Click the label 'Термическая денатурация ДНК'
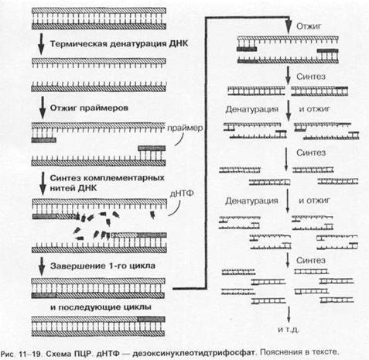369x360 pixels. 119,43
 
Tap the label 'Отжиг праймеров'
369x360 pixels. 89,108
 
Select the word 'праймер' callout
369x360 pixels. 185,128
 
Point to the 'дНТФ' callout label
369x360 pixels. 182,194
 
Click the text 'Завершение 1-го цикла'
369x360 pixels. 103,266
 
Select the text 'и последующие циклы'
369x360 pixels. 101,307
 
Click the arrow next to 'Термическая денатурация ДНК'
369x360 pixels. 41,44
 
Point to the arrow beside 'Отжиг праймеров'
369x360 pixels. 43,108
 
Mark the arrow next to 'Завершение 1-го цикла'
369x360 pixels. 41,266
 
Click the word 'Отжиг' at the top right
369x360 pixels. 309,26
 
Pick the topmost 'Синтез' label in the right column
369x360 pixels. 311,77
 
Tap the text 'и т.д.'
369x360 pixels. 289,330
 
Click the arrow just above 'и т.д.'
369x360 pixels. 289,314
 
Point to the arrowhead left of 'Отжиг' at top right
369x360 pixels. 289,27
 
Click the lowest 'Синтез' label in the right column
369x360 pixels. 311,260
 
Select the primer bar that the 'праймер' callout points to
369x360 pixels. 152,148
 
